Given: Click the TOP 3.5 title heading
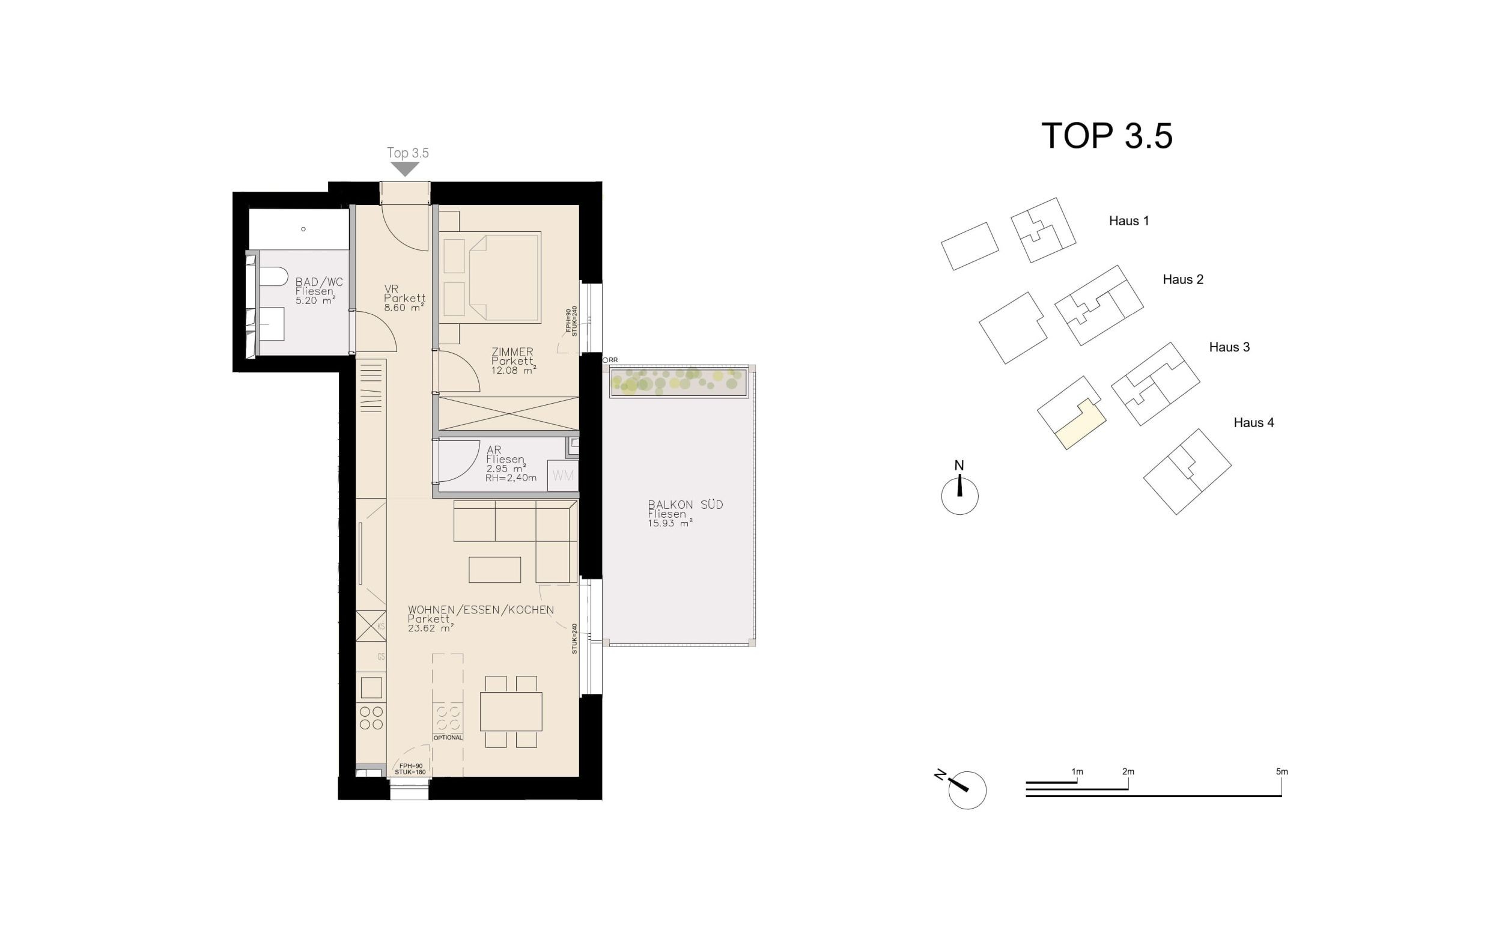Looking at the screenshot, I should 1107,136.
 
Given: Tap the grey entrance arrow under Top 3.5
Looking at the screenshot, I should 405,169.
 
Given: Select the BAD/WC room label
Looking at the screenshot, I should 318,282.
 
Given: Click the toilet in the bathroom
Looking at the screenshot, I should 272,276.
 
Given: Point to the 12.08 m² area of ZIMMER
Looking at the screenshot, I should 514,371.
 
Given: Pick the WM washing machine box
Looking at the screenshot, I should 562,476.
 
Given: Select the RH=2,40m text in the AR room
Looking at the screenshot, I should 511,478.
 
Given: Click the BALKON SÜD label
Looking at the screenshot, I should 685,505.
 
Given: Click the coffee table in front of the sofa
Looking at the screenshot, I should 494,570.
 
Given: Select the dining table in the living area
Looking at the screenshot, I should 511,711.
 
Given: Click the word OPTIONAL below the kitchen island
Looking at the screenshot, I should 448,738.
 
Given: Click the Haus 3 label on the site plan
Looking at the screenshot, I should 1229,347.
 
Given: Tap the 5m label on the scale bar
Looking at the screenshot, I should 1282,772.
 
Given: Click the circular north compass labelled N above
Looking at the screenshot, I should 959,496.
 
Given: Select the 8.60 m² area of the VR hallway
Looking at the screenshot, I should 404,308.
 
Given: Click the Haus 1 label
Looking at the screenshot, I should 1128,221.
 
